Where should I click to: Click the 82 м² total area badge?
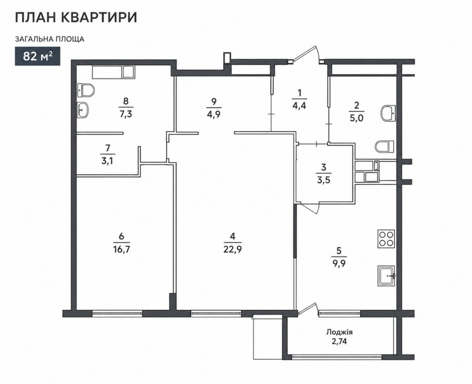(38, 56)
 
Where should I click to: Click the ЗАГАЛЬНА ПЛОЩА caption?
(50, 39)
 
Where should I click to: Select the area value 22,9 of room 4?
(232, 249)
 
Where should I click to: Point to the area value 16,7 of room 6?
(122, 249)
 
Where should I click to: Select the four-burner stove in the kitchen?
(386, 239)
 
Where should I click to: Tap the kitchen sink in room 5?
(386, 276)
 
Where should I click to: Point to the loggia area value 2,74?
(339, 342)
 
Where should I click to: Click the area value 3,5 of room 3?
(324, 180)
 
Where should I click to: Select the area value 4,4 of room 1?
(299, 106)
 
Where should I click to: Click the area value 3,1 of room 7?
(108, 161)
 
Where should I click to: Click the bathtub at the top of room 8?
(113, 72)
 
